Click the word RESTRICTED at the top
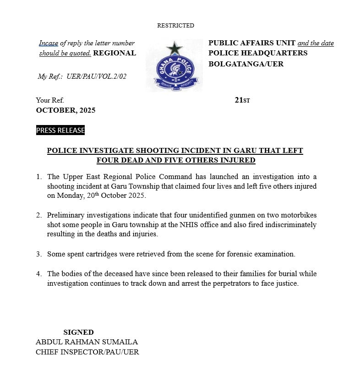175,26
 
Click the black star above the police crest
174,48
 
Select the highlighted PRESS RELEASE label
60,131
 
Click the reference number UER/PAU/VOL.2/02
96,76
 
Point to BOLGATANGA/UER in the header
246,64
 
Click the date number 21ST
242,100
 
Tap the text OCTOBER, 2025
65,110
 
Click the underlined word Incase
49,44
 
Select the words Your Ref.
50,100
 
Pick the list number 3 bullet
39,254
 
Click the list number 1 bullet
39,177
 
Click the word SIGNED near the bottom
78,332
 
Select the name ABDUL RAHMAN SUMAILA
87,342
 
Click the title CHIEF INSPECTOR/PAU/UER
87,352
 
